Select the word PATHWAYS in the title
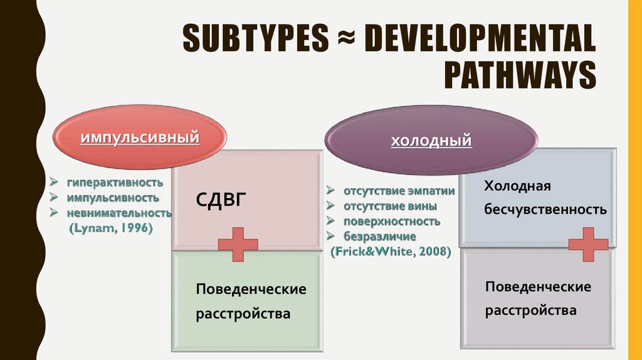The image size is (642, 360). [x=520, y=76]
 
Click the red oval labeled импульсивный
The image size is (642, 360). [x=139, y=137]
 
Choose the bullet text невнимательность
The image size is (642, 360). [x=120, y=213]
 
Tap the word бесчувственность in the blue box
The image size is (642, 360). [x=545, y=210]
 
